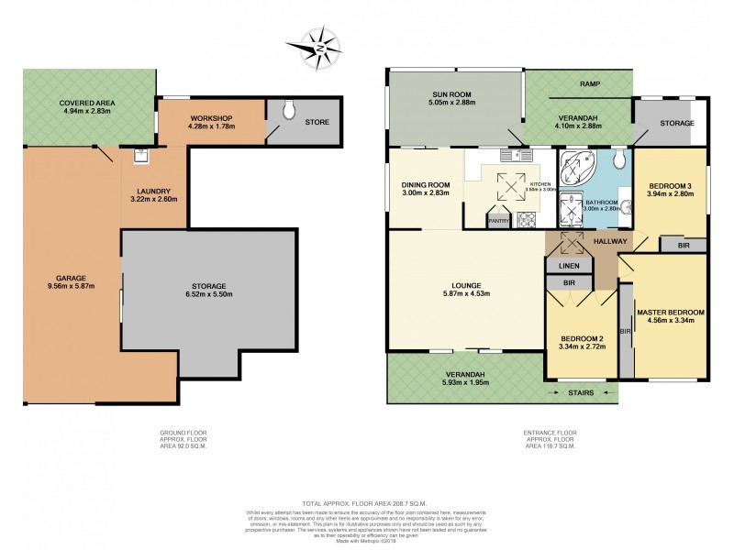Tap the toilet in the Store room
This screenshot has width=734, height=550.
click(290, 111)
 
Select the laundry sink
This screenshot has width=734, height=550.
click(141, 155)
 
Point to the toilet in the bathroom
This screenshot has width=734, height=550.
click(620, 162)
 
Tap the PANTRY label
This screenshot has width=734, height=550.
click(500, 220)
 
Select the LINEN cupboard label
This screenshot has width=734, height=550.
click(569, 266)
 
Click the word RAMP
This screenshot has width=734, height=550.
click(590, 84)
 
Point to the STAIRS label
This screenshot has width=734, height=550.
click(579, 392)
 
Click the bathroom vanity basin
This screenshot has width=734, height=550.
click(628, 206)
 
